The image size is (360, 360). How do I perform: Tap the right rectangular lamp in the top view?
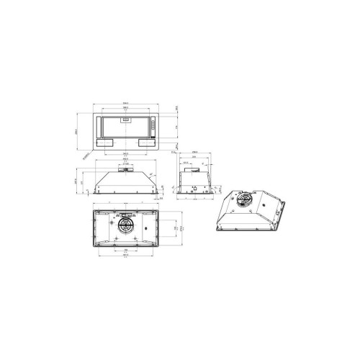tap(146, 143)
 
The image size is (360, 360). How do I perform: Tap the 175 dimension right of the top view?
tap(177, 128)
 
